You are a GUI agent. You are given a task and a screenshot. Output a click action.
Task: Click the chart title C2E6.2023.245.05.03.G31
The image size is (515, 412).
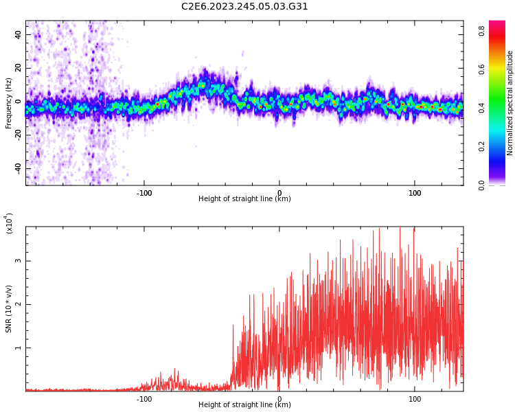(244, 7)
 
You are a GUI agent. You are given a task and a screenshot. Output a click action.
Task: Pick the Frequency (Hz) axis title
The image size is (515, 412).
(9, 103)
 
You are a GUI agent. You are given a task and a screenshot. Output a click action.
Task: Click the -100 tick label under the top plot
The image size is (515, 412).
(144, 193)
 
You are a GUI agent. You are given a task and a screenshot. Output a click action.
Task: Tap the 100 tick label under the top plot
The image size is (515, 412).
(415, 193)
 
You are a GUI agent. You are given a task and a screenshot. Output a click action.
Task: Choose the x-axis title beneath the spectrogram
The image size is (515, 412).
(244, 199)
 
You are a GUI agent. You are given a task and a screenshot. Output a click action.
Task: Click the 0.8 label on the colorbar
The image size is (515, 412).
(482, 31)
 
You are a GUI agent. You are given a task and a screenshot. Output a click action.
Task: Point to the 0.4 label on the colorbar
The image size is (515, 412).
(482, 108)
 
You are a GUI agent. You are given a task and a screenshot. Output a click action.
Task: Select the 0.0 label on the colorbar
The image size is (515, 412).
(482, 185)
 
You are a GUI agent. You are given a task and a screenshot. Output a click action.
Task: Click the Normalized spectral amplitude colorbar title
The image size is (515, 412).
(510, 103)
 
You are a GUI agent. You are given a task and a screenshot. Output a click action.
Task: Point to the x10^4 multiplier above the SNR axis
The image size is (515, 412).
(10, 223)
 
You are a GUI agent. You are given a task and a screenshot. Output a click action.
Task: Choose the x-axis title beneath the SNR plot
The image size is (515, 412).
(244, 405)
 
